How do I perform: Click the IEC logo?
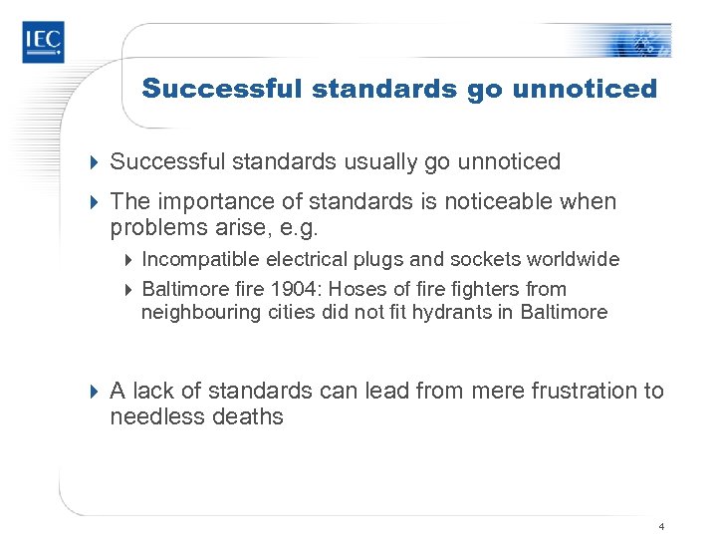point(43,41)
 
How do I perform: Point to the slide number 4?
point(661,525)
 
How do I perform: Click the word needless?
point(152,417)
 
